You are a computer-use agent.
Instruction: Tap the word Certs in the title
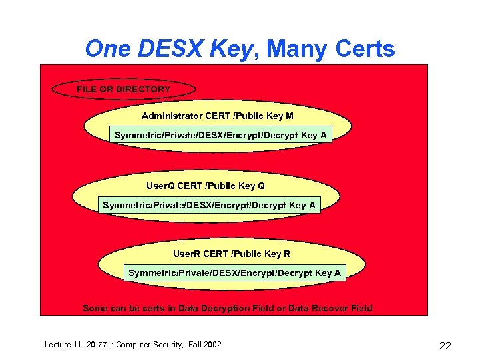[x=365, y=49]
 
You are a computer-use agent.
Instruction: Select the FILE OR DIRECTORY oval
[x=123, y=89]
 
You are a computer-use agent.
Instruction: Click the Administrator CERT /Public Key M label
[x=217, y=116]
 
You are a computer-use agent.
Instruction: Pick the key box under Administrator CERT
[x=220, y=136]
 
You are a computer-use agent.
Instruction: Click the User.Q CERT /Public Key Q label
[x=205, y=186]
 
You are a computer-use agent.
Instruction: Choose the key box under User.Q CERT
[x=208, y=205]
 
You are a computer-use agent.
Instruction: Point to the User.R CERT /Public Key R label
[x=231, y=254]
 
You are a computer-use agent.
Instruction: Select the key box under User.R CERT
[x=234, y=273]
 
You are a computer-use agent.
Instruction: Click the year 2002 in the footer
[x=211, y=344]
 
